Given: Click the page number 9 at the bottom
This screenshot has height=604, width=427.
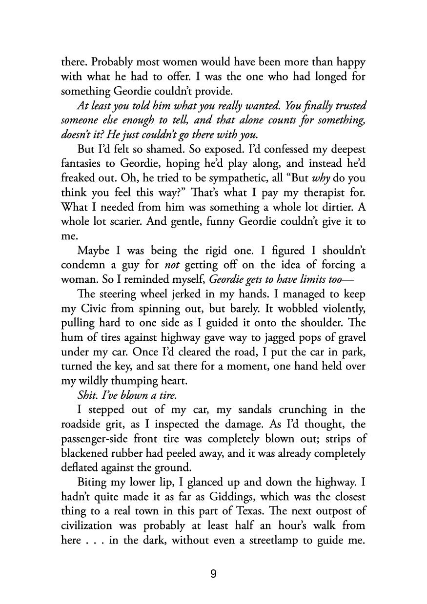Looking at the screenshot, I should tap(213, 574).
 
